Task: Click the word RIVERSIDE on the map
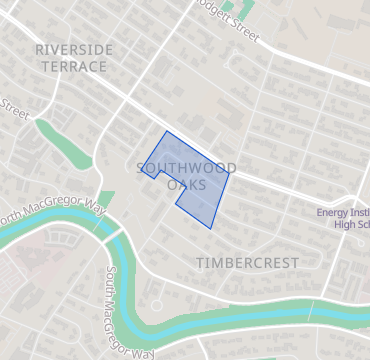(73, 49)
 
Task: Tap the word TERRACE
(73, 66)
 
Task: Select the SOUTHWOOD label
(186, 168)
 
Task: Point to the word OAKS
(187, 185)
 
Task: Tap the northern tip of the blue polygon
(166, 131)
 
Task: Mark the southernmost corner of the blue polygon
(212, 228)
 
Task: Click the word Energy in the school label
(332, 212)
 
